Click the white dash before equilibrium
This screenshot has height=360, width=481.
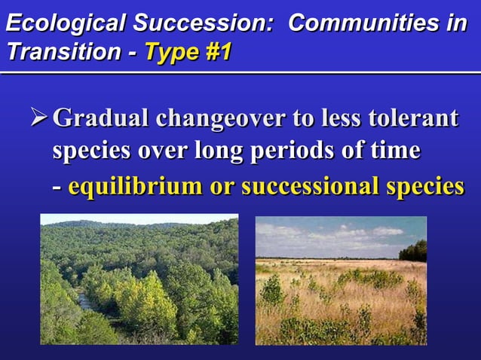(57, 186)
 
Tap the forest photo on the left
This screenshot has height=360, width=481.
(139, 279)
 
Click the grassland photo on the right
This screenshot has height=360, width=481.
(341, 280)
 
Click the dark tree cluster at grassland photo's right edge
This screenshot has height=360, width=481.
(415, 251)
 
